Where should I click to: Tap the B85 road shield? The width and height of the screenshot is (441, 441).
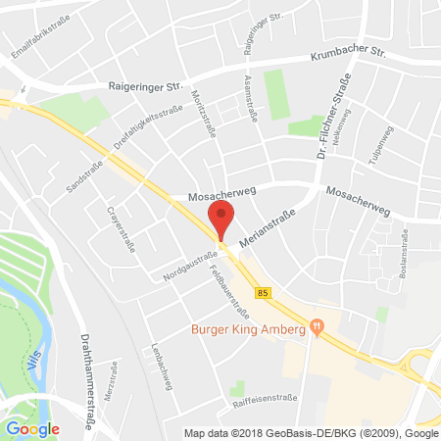pyautogui.click(x=263, y=292)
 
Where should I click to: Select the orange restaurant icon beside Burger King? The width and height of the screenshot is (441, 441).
pyautogui.click(x=316, y=327)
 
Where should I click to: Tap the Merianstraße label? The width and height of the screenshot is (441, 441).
pyautogui.click(x=267, y=230)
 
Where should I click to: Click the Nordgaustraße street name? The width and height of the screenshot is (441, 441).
pyautogui.click(x=191, y=264)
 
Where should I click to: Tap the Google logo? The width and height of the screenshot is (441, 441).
pyautogui.click(x=32, y=428)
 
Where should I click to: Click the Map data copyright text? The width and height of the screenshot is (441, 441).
pyautogui.click(x=310, y=432)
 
